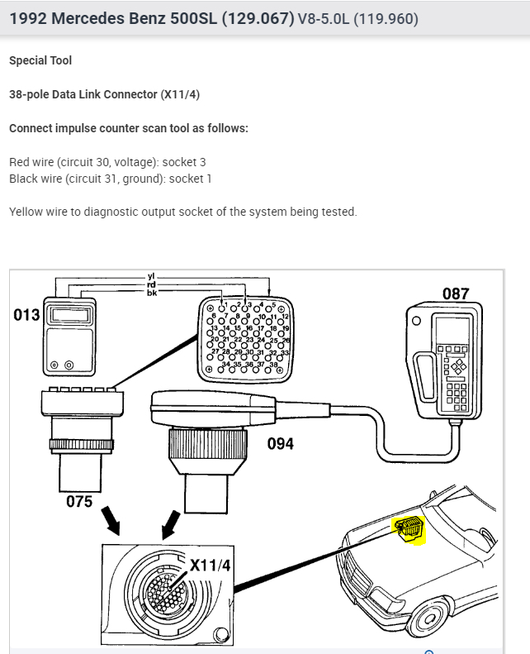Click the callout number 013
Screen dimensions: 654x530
[26, 315]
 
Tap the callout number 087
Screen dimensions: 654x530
[455, 294]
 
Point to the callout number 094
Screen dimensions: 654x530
[281, 444]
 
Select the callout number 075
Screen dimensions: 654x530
[79, 501]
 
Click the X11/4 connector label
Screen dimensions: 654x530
[211, 565]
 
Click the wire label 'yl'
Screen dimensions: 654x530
[151, 276]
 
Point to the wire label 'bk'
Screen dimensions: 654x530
[151, 292]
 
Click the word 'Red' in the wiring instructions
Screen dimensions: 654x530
[20, 162]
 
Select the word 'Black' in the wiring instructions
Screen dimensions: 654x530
[24, 179]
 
